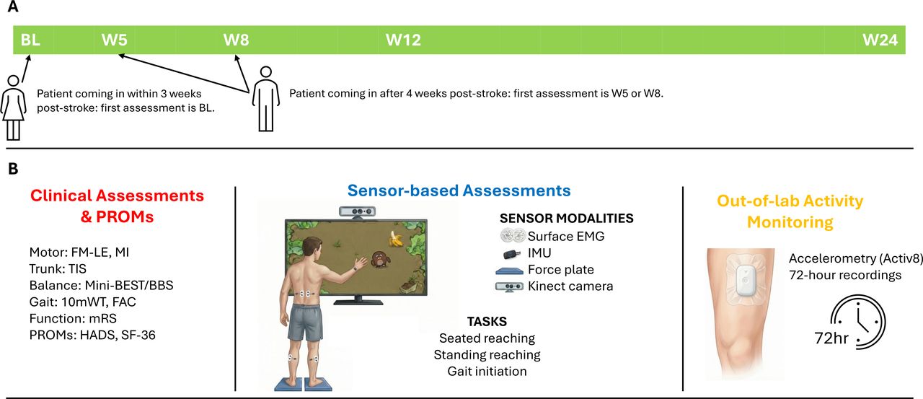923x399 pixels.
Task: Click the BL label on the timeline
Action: point(30,40)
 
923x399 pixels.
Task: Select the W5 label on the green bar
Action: point(115,40)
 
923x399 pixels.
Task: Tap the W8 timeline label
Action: point(236,40)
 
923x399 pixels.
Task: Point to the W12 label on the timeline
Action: point(403,40)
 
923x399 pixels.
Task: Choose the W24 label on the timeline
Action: point(880,40)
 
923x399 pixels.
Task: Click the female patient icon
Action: point(13,108)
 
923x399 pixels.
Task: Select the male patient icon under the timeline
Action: point(266,99)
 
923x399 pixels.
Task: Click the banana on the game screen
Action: point(396,239)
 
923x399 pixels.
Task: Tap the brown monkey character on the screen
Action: point(379,259)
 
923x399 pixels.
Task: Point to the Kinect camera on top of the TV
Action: point(357,211)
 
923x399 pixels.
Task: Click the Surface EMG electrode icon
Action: point(513,236)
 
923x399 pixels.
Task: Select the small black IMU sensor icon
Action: point(512,254)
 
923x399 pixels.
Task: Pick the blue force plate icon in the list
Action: point(509,271)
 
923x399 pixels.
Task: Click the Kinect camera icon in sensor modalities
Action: point(509,286)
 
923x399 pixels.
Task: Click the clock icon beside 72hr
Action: point(858,322)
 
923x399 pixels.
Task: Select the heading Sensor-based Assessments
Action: point(459,190)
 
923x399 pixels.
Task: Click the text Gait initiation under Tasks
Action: point(487,371)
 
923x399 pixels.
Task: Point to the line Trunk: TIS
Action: point(58,268)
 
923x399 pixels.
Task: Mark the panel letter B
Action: point(13,169)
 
